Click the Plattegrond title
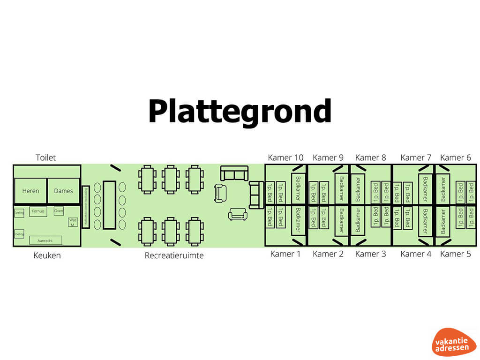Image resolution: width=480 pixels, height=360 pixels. click(x=240, y=112)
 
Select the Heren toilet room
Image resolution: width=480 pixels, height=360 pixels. click(x=30, y=191)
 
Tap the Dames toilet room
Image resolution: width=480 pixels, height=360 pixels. click(x=63, y=191)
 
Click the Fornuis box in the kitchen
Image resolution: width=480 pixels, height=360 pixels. click(x=38, y=211)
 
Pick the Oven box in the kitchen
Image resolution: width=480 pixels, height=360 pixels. click(x=59, y=211)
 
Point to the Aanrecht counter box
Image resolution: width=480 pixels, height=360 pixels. click(x=45, y=240)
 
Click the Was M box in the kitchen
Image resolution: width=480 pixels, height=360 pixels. click(x=73, y=222)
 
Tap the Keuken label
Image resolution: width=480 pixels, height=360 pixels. click(x=47, y=255)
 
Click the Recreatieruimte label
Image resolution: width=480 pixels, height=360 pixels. click(x=174, y=255)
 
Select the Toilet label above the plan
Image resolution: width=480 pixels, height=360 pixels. click(x=45, y=157)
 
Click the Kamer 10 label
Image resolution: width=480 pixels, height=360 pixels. click(x=285, y=157)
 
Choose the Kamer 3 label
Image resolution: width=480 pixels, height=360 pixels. click(x=371, y=254)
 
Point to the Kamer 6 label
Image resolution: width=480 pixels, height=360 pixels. click(x=455, y=157)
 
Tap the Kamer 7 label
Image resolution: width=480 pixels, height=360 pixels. click(x=415, y=157)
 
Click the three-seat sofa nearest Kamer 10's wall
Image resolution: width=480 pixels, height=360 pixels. click(x=256, y=195)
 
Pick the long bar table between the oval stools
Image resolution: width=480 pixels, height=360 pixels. click(x=109, y=205)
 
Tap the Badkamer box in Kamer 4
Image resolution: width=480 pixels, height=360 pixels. click(x=425, y=221)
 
